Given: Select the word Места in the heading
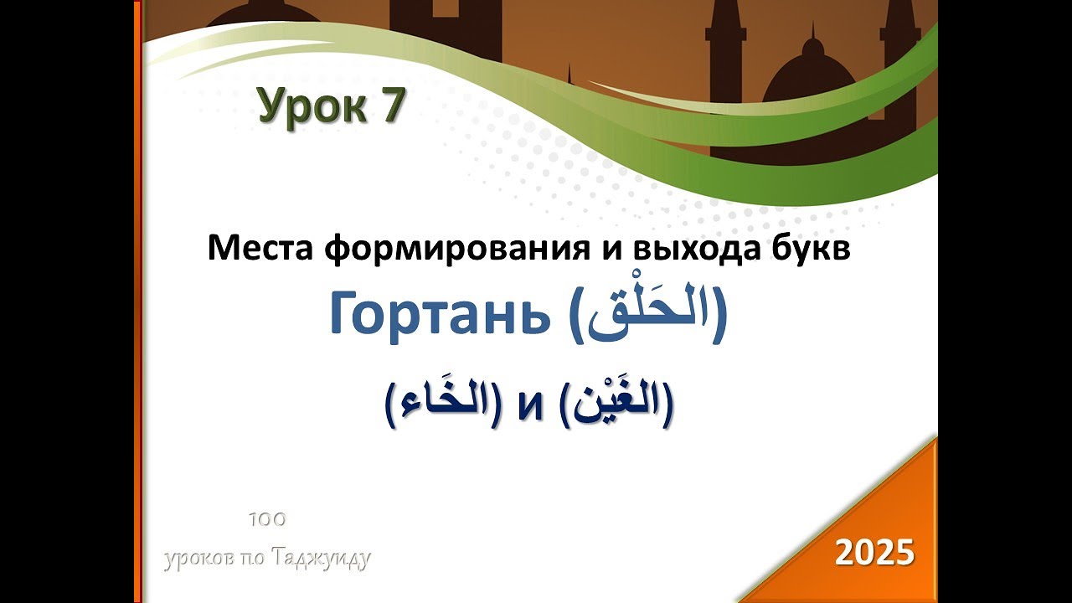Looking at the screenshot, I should tap(259, 248).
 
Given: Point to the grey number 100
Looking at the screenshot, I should tap(267, 519).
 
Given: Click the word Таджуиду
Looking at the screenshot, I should tap(321, 559).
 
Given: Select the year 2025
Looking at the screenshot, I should tap(874, 552).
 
